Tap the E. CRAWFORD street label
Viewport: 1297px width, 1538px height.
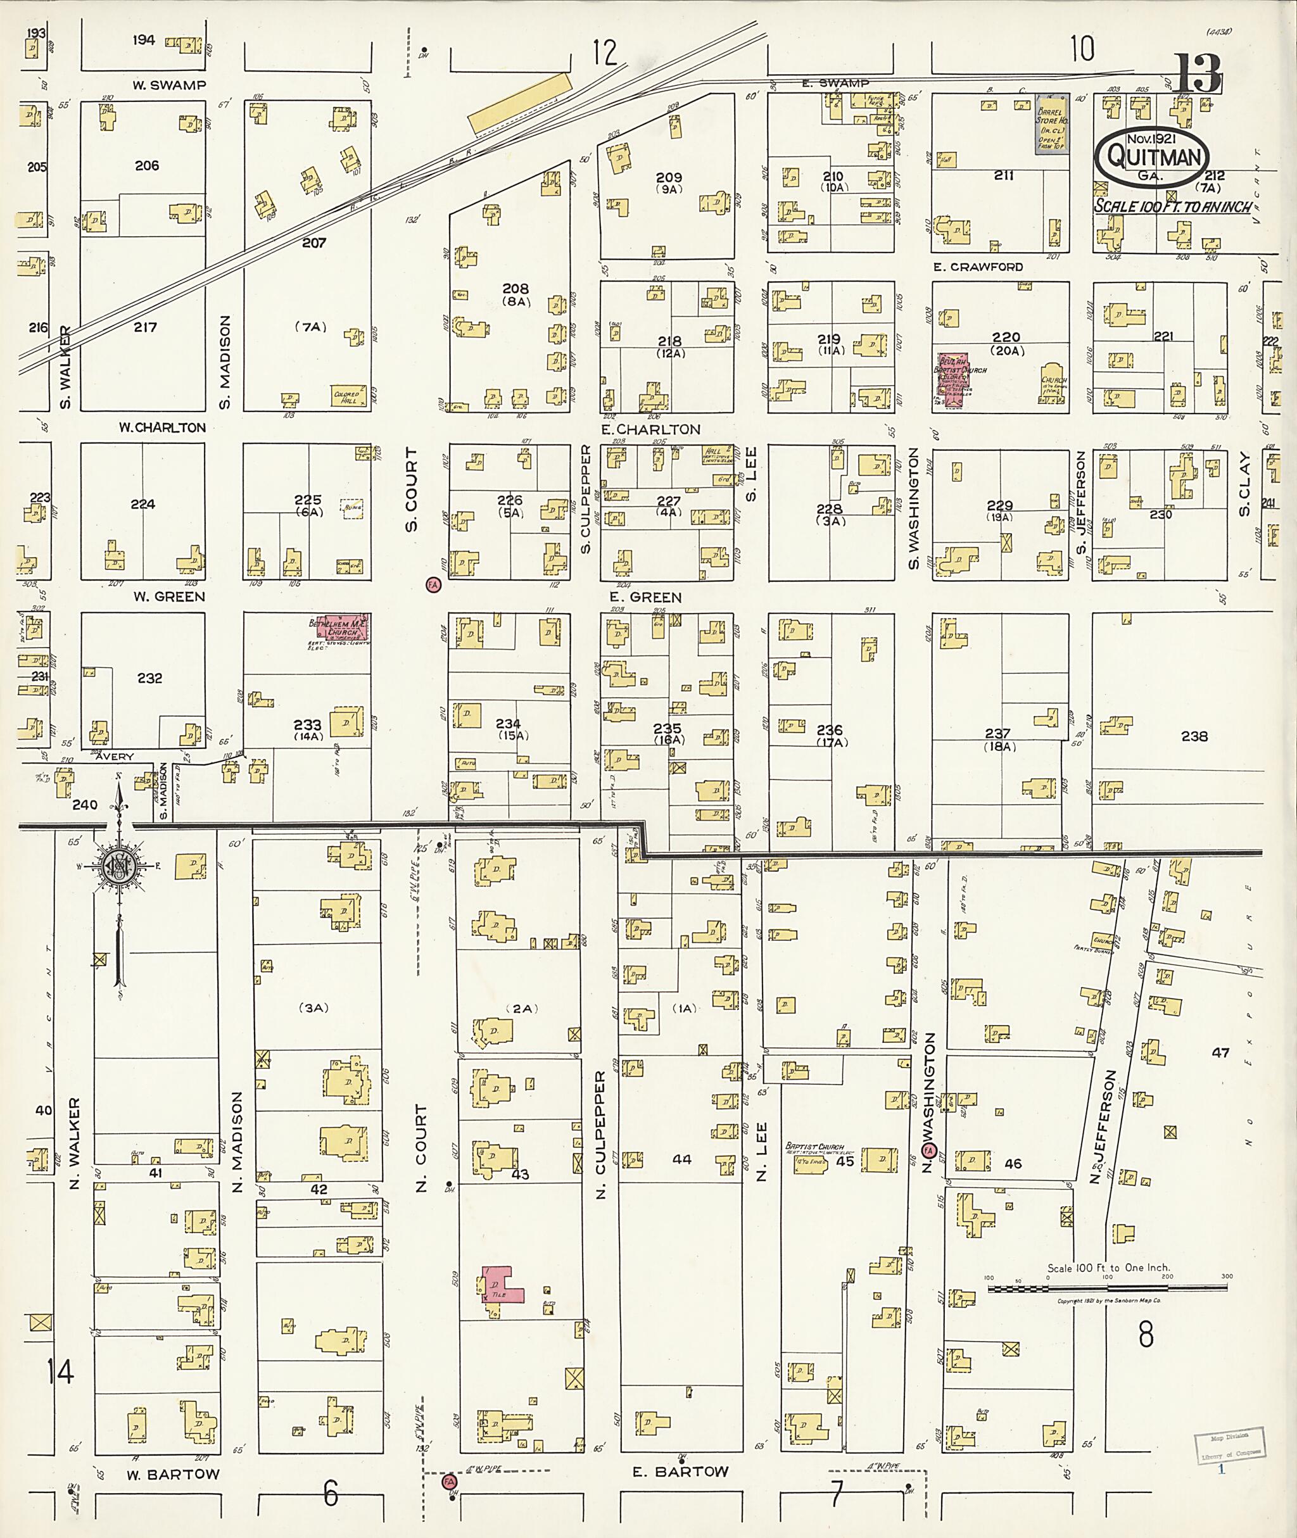point(978,267)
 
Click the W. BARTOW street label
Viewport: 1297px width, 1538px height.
point(173,1474)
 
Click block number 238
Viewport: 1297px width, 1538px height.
point(1194,736)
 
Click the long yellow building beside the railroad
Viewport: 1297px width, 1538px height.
point(520,103)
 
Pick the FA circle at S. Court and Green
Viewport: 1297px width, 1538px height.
point(433,584)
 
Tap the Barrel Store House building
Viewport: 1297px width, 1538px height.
point(1051,123)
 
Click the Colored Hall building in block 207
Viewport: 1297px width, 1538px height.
point(348,396)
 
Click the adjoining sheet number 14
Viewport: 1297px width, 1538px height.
point(60,1372)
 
